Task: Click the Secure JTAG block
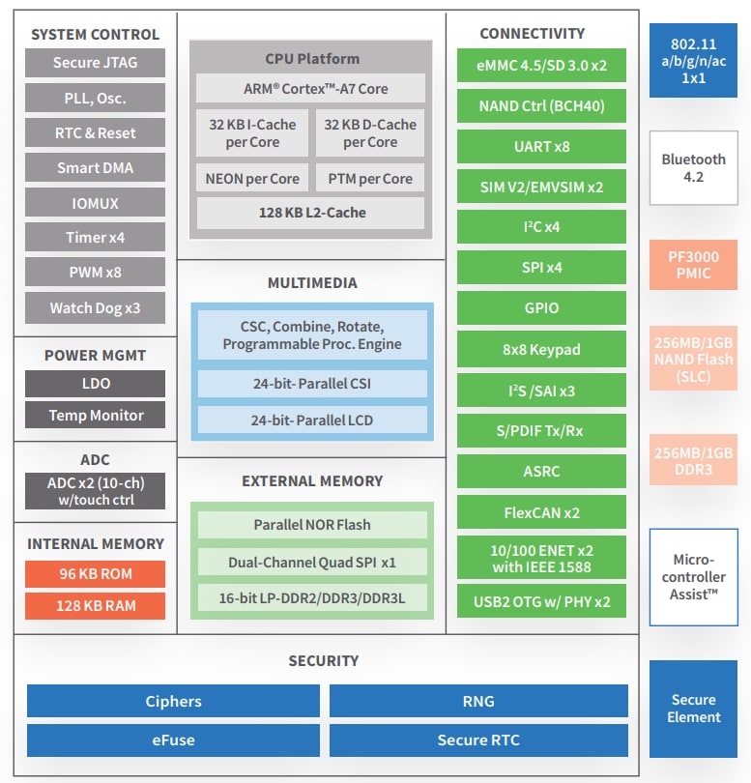(95, 63)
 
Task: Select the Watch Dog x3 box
(95, 308)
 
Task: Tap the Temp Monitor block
(95, 416)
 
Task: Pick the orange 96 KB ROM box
(95, 573)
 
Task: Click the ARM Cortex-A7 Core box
(311, 88)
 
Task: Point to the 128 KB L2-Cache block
(311, 213)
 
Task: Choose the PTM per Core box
(370, 179)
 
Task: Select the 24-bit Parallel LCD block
(311, 420)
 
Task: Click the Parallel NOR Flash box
(311, 525)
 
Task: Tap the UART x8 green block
(541, 146)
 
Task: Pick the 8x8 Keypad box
(541, 349)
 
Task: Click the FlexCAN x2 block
(541, 512)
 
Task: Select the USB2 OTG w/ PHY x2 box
(541, 601)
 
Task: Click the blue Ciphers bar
(173, 702)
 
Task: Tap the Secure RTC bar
(477, 740)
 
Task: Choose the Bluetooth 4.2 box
(693, 167)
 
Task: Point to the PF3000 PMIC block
(693, 265)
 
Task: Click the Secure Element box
(693, 709)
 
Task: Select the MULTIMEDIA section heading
(311, 283)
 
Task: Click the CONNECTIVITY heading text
(533, 34)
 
